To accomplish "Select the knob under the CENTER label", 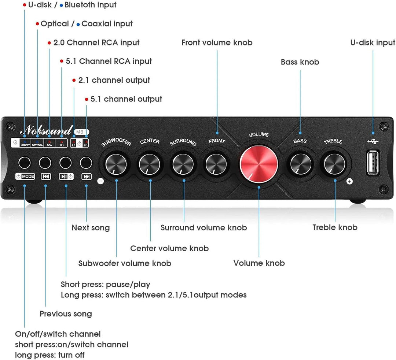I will [x=150, y=164].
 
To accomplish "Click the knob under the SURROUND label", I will [x=183, y=164].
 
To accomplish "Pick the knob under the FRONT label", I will [x=216, y=164].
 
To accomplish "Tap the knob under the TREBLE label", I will [x=334, y=164].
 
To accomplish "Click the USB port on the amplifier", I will [x=373, y=162].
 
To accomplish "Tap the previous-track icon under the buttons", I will [x=46, y=177].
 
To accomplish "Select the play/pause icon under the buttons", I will [x=66, y=177].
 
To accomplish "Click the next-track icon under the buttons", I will [x=87, y=177].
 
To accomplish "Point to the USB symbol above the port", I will [x=373, y=141].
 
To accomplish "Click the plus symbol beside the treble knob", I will [x=349, y=181].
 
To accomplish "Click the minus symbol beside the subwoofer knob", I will [x=100, y=181].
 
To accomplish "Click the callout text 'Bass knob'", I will [x=300, y=62].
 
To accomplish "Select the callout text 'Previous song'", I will [x=66, y=314].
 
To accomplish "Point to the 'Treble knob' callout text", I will [x=335, y=227].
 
